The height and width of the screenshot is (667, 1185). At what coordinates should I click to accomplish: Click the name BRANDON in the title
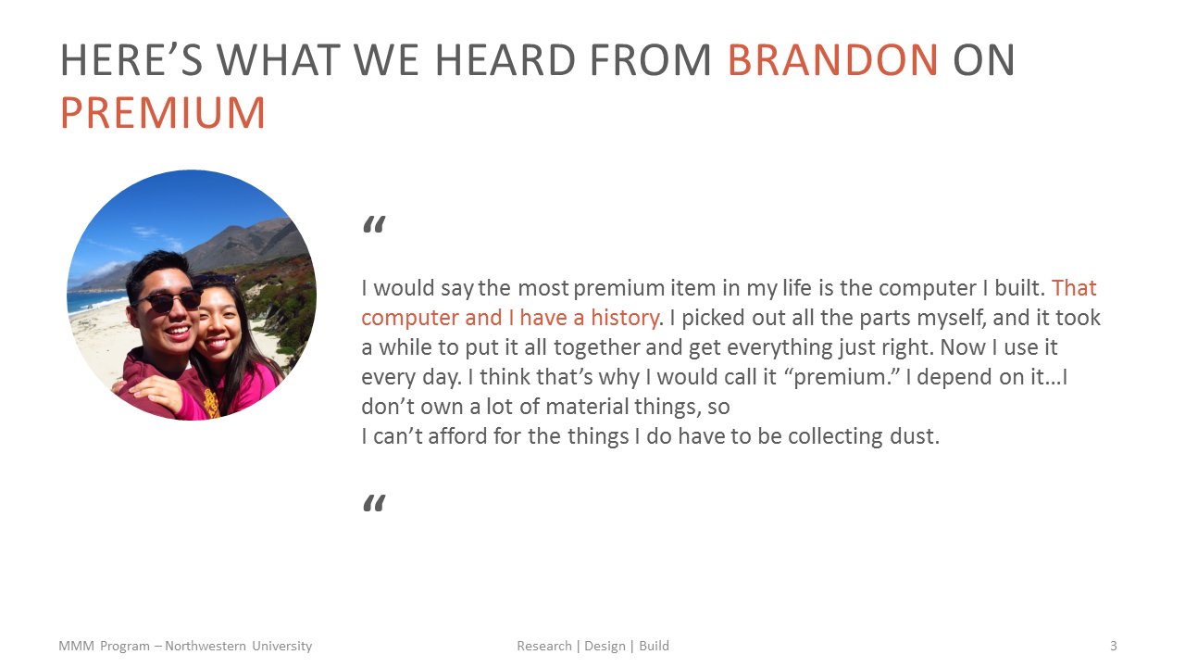pyautogui.click(x=832, y=61)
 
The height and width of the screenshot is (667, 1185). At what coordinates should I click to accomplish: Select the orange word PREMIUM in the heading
pyautogui.click(x=163, y=113)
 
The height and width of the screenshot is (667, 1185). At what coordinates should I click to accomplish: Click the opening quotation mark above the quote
pyautogui.click(x=373, y=225)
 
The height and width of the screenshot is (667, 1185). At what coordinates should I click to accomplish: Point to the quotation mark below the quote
pyautogui.click(x=373, y=504)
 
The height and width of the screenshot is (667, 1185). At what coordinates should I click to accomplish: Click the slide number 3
pyautogui.click(x=1113, y=646)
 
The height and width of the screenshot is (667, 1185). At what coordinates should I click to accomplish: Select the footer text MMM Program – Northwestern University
pyautogui.click(x=185, y=646)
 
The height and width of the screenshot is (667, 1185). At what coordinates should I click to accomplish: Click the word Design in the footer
pyautogui.click(x=605, y=646)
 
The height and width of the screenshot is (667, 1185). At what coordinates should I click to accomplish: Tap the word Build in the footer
pyautogui.click(x=654, y=646)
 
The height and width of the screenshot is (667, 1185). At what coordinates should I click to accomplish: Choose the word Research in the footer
pyautogui.click(x=544, y=646)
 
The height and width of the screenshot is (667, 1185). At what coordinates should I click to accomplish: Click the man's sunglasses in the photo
pyautogui.click(x=167, y=299)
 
